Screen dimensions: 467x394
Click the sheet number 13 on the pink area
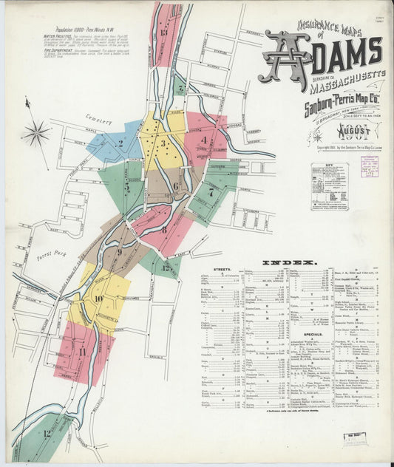(x=163, y=32)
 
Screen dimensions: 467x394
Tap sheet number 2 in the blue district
(x=120, y=143)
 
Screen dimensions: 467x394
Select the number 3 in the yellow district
(x=163, y=143)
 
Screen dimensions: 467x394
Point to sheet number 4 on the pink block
(x=203, y=138)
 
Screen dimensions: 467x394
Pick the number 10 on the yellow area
(x=98, y=298)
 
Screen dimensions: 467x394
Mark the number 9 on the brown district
(x=118, y=252)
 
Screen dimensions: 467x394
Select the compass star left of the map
(x=35, y=134)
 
